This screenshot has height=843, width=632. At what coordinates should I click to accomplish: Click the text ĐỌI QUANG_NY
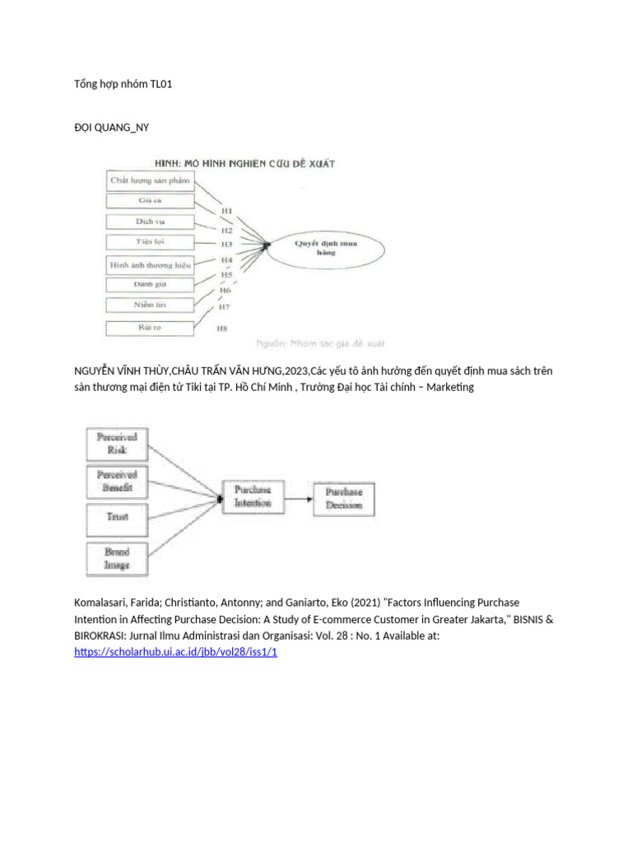click(x=111, y=127)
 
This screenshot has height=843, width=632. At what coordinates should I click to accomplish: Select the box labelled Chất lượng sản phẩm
click(x=150, y=179)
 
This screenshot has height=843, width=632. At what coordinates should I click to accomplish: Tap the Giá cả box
click(x=150, y=201)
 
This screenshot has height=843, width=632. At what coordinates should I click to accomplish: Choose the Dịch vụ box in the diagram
click(x=150, y=221)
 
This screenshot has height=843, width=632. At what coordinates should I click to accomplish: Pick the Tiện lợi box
click(x=150, y=242)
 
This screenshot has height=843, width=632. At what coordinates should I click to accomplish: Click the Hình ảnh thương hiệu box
click(x=150, y=265)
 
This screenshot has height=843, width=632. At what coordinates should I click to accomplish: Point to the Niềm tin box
click(x=150, y=305)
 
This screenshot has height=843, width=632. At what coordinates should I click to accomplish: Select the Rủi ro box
click(x=150, y=328)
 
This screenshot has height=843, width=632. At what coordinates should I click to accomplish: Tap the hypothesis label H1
click(x=226, y=212)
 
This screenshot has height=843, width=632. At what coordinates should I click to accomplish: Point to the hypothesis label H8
click(x=221, y=328)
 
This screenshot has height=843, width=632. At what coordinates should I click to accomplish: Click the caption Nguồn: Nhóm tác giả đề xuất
click(x=320, y=342)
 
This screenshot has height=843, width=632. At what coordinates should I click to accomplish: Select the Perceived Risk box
click(x=117, y=444)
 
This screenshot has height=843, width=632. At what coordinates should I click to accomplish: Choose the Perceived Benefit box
click(x=117, y=481)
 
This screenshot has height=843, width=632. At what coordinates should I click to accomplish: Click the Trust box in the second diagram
click(x=117, y=518)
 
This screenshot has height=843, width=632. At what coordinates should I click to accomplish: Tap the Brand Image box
click(x=117, y=557)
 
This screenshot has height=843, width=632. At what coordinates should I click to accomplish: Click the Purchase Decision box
click(x=343, y=497)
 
